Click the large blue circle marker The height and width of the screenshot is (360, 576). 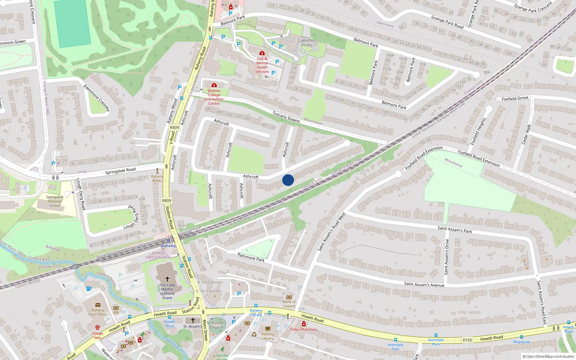(x=288, y=180)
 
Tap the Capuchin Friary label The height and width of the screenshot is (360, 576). (x=307, y=42)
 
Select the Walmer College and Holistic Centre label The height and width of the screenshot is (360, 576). (x=214, y=97)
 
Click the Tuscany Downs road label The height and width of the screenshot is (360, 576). (x=286, y=117)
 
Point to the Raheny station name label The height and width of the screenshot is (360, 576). (x=168, y=246)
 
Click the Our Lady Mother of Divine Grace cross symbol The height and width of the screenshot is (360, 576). (x=167, y=279)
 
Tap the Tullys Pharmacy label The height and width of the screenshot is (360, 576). (x=304, y=329)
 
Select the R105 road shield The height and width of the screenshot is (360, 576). (x=467, y=340)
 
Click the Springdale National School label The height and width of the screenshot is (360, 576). (x=55, y=201)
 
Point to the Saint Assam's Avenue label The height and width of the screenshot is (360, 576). (x=424, y=285)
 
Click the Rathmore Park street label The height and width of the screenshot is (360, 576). (x=251, y=257)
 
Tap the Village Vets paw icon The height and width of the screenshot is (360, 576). (x=97, y=328)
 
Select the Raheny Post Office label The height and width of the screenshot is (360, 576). (x=98, y=312)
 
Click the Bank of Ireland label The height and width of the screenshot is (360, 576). (x=289, y=304)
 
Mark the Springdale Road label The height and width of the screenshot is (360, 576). (x=120, y=171)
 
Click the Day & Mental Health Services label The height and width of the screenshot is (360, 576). (x=262, y=65)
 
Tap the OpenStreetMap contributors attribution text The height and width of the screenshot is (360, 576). (x=548, y=357)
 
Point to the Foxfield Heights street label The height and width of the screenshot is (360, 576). (x=478, y=131)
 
